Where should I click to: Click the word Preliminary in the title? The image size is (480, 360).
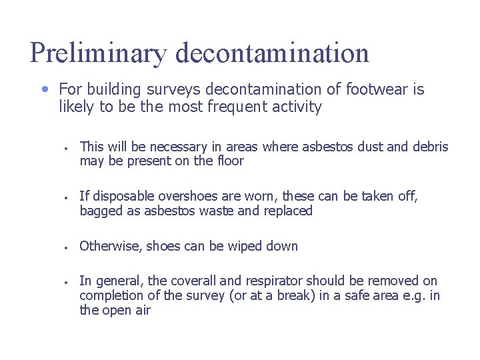point(97,53)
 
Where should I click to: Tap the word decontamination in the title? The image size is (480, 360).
point(272,53)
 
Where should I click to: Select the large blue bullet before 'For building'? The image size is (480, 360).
point(44,88)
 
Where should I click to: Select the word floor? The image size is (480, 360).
point(230,161)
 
